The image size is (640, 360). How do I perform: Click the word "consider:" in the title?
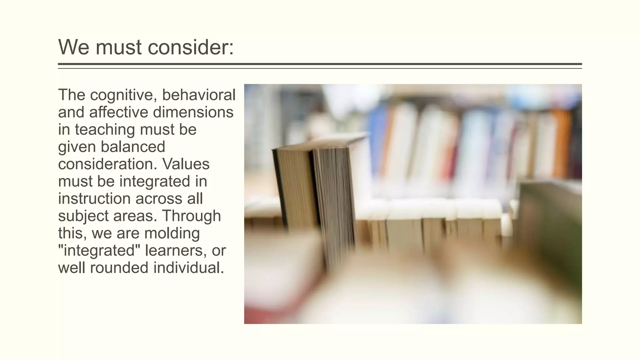point(190,47)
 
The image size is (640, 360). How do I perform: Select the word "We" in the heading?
point(74,47)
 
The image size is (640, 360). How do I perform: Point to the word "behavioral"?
point(199,95)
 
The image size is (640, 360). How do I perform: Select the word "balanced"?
point(133,147)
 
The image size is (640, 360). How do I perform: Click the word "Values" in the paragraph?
point(186,164)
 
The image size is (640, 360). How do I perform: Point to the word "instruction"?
point(93,198)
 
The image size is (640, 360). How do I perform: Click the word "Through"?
point(191,216)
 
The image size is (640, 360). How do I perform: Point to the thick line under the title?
point(320,64)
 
